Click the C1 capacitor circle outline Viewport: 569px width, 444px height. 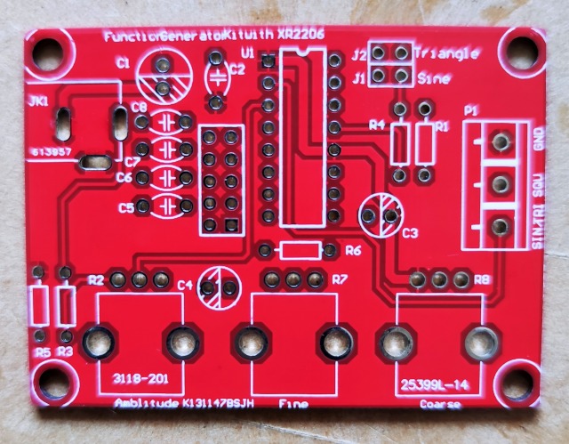163,77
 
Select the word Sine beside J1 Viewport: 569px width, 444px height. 434,78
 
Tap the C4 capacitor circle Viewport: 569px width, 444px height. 219,287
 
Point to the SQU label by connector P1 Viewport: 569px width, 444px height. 536,190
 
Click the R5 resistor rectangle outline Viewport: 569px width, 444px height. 39,304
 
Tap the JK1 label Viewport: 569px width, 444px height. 38,102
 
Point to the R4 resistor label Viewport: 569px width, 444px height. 377,125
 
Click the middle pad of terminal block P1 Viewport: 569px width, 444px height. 501,183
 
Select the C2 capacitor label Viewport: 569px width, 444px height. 237,68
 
